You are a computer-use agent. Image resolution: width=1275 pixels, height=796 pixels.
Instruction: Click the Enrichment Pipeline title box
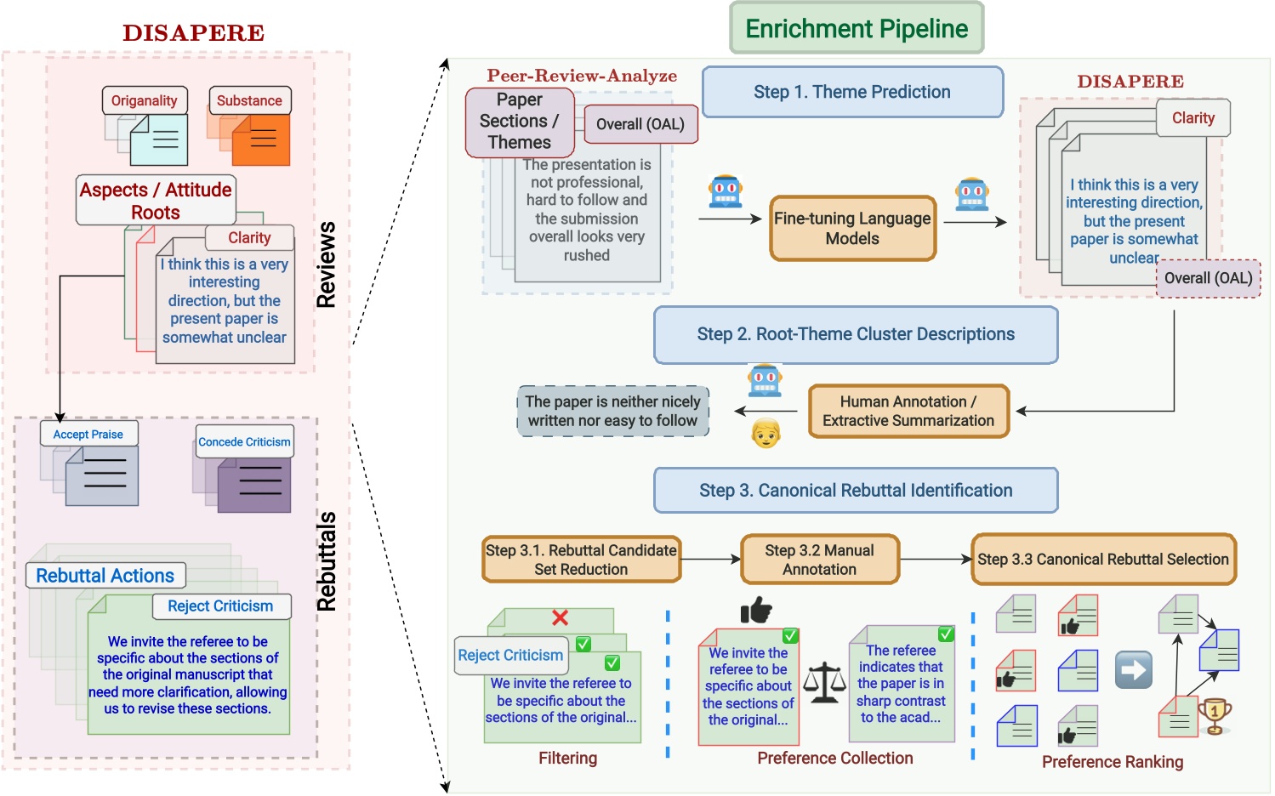[x=857, y=28]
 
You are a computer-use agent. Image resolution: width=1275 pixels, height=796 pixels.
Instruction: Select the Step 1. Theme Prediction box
[x=852, y=92]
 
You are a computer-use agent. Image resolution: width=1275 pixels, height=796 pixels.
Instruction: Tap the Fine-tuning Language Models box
[x=852, y=228]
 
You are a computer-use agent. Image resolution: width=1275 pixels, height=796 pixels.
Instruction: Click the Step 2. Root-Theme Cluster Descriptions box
[x=856, y=334]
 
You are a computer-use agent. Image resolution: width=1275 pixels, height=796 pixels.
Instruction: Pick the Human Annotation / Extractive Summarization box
[x=908, y=411]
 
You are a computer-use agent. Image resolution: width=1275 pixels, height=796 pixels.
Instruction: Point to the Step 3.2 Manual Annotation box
[x=819, y=560]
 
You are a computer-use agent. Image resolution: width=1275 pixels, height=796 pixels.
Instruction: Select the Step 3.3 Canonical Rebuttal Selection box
[x=1103, y=560]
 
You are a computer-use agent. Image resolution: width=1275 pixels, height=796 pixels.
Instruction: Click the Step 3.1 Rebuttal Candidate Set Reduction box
[x=581, y=560]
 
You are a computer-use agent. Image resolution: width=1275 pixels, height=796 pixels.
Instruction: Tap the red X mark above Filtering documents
[x=560, y=617]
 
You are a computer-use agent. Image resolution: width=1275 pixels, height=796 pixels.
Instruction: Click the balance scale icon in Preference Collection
[x=824, y=683]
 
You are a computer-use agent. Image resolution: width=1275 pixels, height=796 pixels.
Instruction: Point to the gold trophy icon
[x=1215, y=715]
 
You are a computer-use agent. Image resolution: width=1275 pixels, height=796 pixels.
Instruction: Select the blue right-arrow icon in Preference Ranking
[x=1134, y=670]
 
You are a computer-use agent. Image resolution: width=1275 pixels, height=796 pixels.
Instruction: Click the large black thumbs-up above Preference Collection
[x=755, y=609]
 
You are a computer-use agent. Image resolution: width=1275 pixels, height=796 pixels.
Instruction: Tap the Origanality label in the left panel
[x=145, y=100]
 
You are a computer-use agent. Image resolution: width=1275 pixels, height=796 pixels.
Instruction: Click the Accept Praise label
[x=88, y=434]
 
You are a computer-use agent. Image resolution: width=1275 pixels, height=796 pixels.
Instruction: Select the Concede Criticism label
[x=244, y=441]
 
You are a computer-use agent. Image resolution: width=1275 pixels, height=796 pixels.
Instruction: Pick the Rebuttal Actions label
[x=105, y=576]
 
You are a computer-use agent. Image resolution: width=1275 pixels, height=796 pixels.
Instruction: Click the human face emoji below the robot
[x=766, y=433]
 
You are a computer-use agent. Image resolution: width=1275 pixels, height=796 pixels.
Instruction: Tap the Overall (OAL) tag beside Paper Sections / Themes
[x=640, y=124]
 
